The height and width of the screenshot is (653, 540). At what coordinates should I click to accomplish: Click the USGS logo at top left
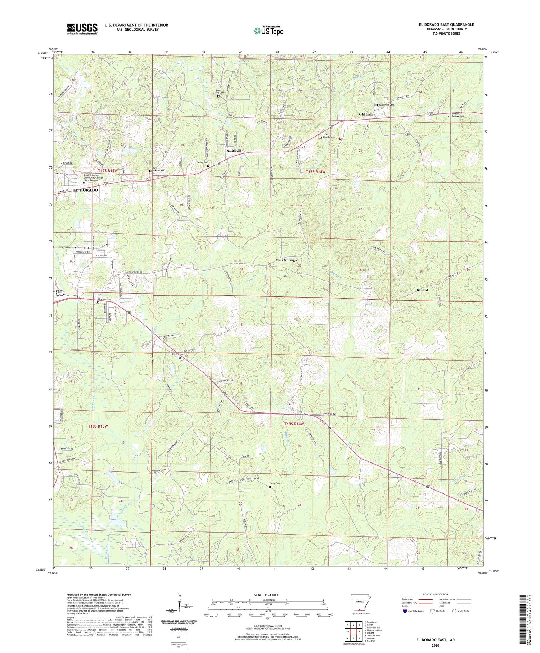click(82, 28)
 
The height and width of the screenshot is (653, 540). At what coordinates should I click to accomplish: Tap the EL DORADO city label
click(85, 190)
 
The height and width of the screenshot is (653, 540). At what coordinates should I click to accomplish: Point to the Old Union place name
click(367, 114)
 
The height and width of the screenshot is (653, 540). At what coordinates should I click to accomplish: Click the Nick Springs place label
click(286, 260)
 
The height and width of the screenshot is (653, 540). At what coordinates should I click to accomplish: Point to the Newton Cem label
click(104, 299)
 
